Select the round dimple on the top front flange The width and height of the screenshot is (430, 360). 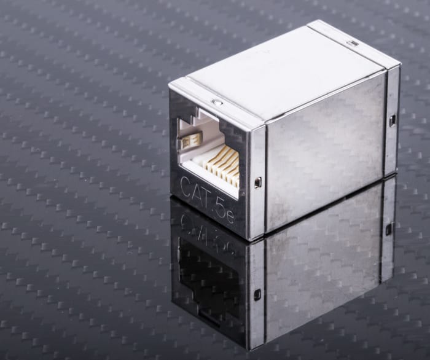click(x=216, y=101)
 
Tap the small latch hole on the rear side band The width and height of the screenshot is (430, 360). click(x=391, y=120)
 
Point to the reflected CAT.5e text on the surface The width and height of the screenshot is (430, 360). click(x=206, y=237)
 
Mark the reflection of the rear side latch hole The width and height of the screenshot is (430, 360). click(x=388, y=229)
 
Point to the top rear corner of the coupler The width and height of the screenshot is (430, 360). click(x=400, y=63)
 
